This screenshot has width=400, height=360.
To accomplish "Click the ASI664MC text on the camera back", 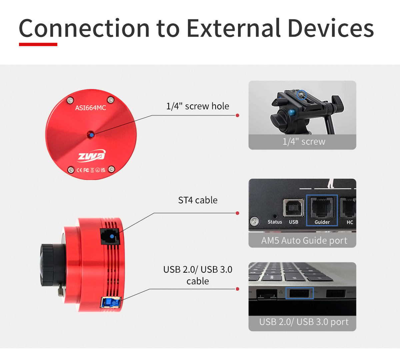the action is coord(91,108).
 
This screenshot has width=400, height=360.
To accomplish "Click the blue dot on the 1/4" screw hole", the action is coord(92,135).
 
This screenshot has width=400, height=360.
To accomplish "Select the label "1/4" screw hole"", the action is coord(198,106).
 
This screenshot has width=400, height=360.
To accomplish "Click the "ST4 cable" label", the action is coord(198,200).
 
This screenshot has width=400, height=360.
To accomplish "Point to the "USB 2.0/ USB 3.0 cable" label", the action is coord(198,275).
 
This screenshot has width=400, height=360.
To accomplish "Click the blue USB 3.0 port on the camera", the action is coord(111,302).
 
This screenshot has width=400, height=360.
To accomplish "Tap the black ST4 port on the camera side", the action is coord(110,237).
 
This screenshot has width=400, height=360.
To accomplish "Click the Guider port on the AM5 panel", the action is coord(322,207).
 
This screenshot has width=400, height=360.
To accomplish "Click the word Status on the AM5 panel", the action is coord(275,222).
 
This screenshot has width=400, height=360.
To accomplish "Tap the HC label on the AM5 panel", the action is coord(350,222).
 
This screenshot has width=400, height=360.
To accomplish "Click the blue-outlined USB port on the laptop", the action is coord(299,293).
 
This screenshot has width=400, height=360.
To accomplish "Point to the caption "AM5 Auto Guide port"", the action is coord(304,241).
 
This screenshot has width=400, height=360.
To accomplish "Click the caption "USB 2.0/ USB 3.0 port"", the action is coord(304,322).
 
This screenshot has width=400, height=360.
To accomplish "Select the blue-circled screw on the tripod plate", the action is coord(301,95).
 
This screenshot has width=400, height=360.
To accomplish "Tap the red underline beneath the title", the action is coord(38,44).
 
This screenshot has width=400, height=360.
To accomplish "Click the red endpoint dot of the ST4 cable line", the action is coord(237,213).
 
